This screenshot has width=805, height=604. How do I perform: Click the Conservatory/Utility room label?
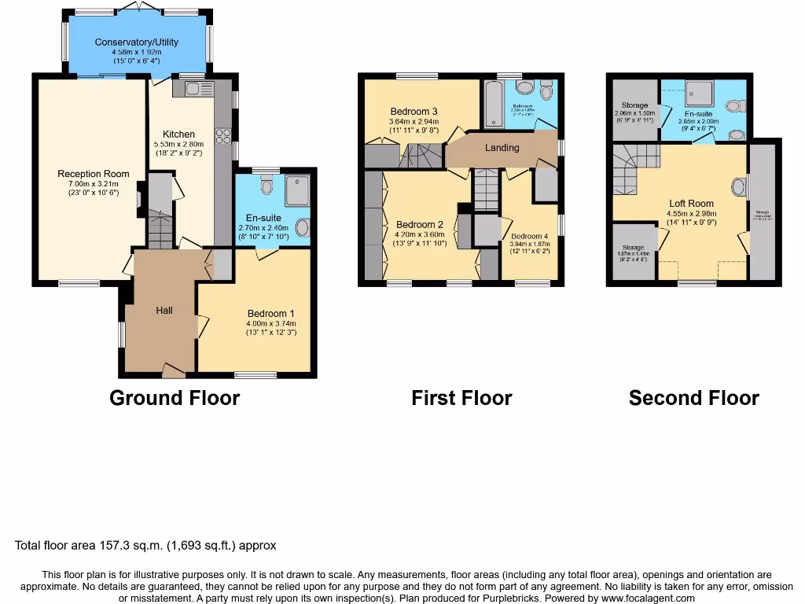coord(136,42)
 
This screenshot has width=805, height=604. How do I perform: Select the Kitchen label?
coord(178,134)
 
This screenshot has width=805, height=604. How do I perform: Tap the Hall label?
coord(164,311)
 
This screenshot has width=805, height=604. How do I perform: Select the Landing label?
coord(502,148)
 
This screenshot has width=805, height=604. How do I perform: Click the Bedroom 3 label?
coord(414,111)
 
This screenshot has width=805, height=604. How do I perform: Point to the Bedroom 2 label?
coord(420,224)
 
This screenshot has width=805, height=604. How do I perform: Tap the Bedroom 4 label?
coord(529,236)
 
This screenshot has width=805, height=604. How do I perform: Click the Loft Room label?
coord(691,203)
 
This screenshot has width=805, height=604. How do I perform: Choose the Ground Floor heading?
coord(174,398)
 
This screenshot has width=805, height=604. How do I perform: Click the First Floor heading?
coord(461,398)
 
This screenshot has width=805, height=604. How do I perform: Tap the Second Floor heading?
coord(693,398)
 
